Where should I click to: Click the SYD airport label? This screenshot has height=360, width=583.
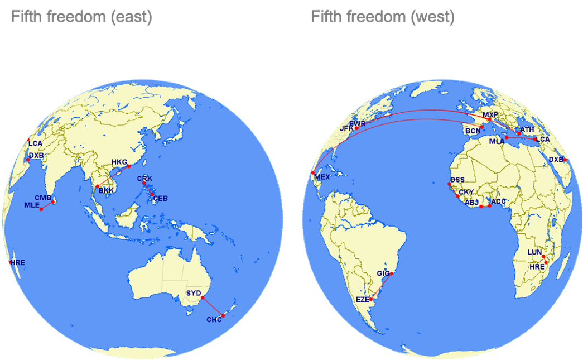(x=194, y=293)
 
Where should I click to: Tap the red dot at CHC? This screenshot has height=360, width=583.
(x=222, y=316)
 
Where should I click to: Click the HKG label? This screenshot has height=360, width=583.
(x=119, y=162)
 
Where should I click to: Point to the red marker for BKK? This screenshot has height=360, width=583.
(x=98, y=186)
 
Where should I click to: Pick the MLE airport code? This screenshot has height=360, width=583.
(x=31, y=205)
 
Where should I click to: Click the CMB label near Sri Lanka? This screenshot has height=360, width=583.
(x=43, y=198)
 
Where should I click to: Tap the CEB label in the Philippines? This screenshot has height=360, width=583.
(x=160, y=198)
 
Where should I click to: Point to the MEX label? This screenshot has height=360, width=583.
(x=322, y=177)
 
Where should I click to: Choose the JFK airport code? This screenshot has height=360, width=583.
(x=346, y=128)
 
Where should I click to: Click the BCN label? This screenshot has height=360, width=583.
(x=473, y=131)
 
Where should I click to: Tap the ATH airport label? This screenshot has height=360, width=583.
(x=527, y=129)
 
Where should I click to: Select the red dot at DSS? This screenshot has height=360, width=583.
(x=449, y=184)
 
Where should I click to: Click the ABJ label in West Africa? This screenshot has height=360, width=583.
(x=471, y=202)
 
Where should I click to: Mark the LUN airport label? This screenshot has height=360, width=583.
(x=534, y=252)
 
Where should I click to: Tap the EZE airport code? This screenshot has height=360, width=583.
(x=363, y=299)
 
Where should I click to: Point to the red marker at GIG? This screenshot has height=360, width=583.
(x=392, y=273)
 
